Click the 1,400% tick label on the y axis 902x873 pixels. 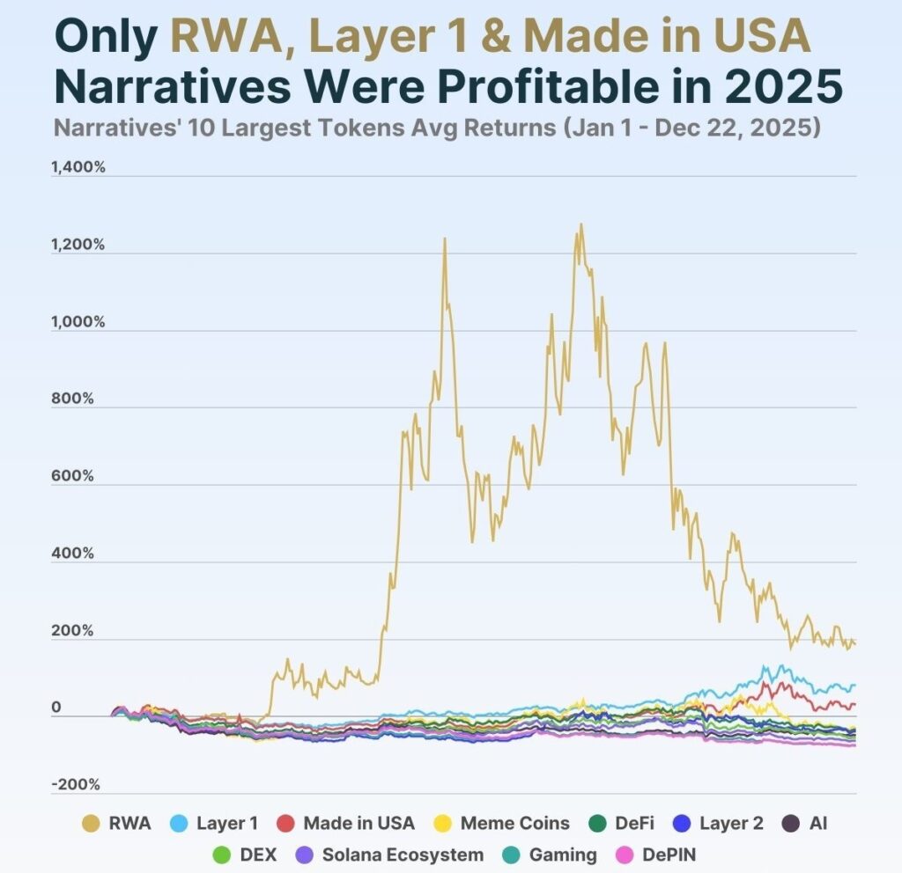pos(79,167)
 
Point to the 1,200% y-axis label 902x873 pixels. pos(79,245)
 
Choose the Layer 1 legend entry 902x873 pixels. pos(216,824)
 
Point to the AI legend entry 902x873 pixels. pos(807,824)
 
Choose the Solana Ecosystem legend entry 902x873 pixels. pos(388,855)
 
